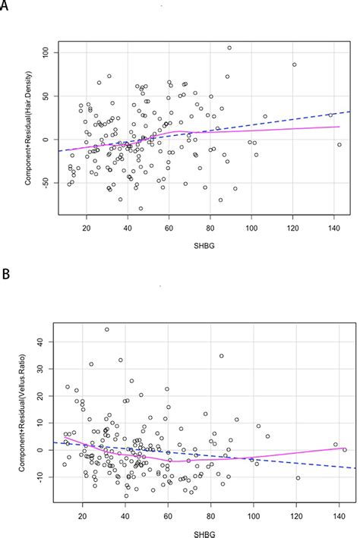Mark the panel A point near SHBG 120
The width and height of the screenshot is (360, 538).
[x=294, y=64]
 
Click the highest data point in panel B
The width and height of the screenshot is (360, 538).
[x=106, y=329]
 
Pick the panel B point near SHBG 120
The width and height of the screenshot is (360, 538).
[x=297, y=478]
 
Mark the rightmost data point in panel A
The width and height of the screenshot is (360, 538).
[x=339, y=144]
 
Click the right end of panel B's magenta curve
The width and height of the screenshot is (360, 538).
[x=346, y=448]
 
